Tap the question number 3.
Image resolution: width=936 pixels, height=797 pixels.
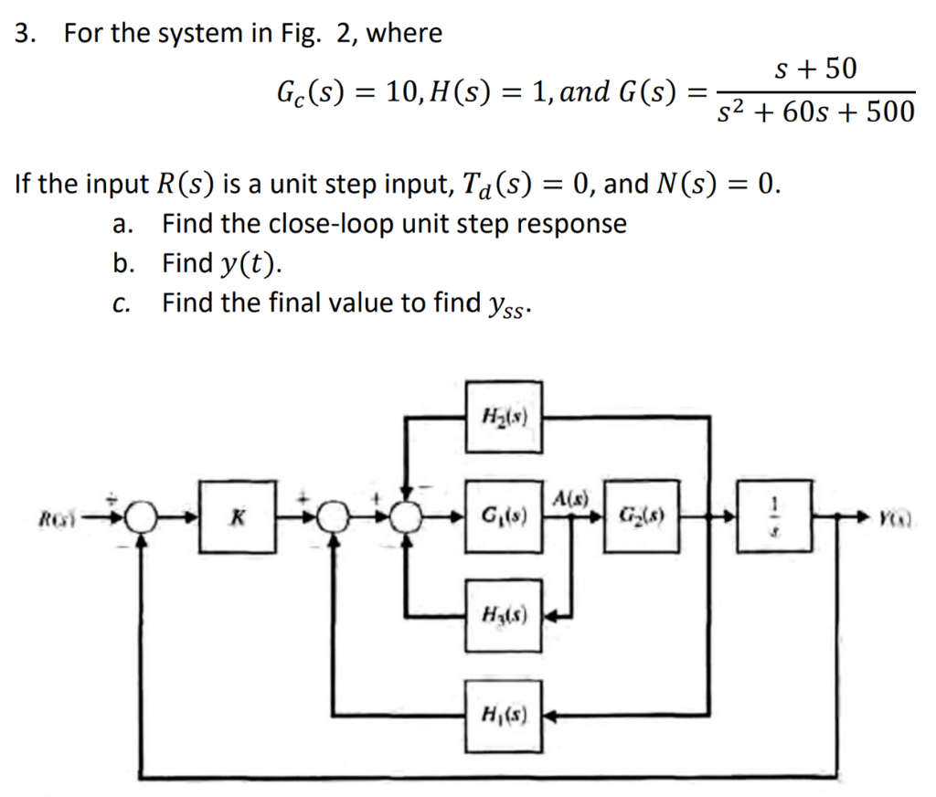pos(27,35)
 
